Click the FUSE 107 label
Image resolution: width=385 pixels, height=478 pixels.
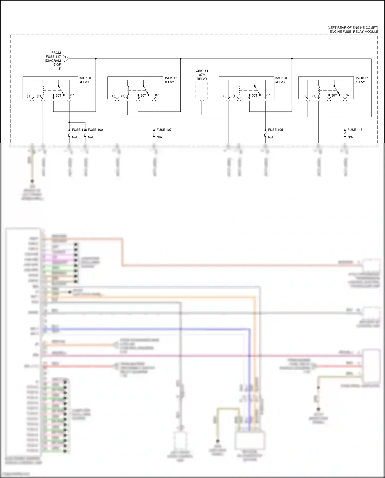[164, 130]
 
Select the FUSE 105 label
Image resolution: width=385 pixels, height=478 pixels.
[275, 130]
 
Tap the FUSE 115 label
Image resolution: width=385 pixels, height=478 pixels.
[355, 130]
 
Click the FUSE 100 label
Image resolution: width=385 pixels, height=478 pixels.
[95, 130]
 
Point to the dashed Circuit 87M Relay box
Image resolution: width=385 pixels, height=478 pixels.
[202, 90]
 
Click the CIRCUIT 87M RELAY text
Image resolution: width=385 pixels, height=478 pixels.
[202, 75]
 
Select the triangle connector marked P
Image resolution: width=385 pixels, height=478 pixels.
[66, 59]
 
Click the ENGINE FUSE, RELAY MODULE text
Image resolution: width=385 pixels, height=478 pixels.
[354, 32]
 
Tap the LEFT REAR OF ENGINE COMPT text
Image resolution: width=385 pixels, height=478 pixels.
[353, 27]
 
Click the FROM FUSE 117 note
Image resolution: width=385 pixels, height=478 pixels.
[53, 61]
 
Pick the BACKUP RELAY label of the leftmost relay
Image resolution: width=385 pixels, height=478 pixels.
[85, 80]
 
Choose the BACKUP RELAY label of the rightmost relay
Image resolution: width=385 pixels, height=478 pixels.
[361, 80]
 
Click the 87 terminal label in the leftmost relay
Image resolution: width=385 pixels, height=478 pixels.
[72, 95]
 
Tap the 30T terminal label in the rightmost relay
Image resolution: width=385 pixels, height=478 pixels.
[334, 95]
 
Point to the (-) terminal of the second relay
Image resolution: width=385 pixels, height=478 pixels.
[113, 96]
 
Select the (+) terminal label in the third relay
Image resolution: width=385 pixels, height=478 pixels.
[235, 96]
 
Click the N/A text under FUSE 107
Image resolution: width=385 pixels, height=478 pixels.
[159, 137]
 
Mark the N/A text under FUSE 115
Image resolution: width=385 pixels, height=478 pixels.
[350, 137]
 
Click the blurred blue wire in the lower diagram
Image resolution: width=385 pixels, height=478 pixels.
[154, 329]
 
